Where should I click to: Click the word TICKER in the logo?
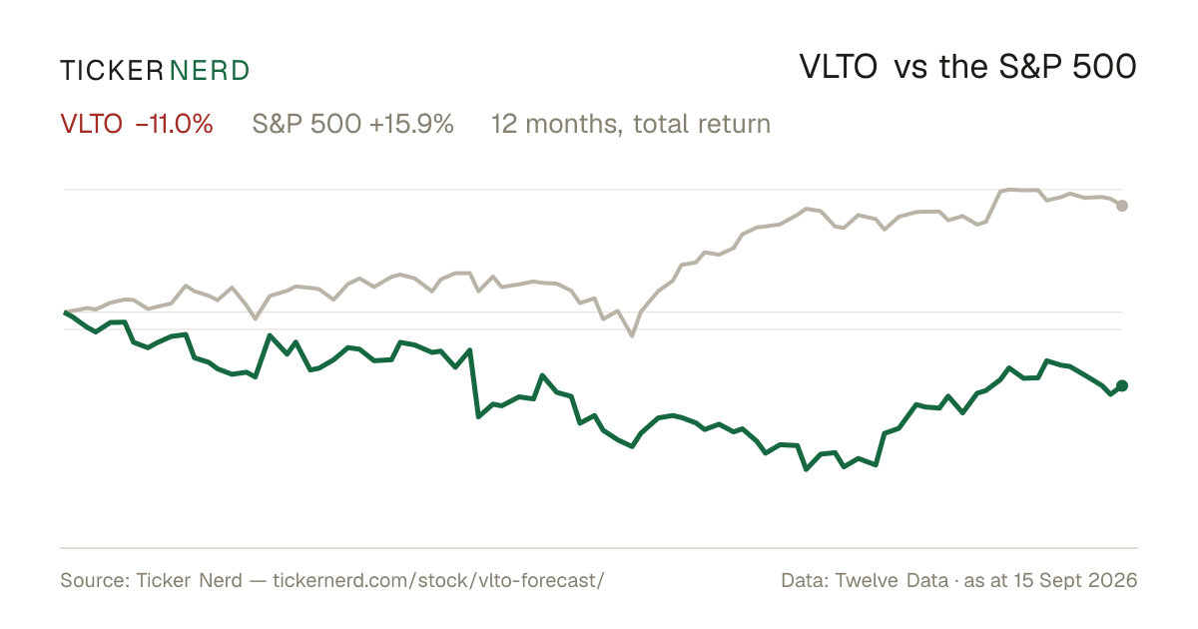click(112, 71)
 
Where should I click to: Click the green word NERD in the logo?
click(210, 71)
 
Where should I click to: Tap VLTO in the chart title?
click(838, 67)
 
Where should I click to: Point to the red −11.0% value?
click(175, 124)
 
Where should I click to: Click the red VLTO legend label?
click(92, 124)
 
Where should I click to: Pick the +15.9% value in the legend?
click(411, 124)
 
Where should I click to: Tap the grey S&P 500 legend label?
click(306, 124)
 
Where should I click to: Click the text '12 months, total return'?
click(631, 124)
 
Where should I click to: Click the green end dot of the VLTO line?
click(1122, 385)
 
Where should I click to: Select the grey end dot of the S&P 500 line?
click(1122, 206)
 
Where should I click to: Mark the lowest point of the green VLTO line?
click(807, 469)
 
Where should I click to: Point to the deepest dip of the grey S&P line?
click(632, 335)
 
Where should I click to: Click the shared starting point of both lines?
click(65, 312)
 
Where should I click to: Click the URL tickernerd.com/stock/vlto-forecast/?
click(438, 580)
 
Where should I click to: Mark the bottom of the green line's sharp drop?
click(478, 416)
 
